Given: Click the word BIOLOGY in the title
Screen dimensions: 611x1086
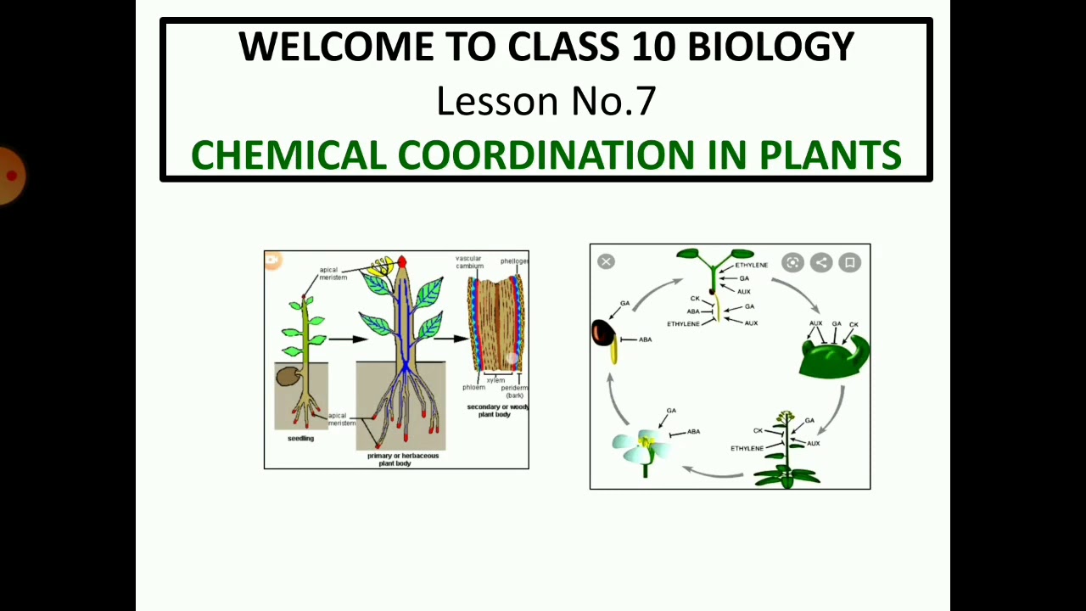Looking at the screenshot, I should pos(770,48).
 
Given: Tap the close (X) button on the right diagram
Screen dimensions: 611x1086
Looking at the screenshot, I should pos(606,261).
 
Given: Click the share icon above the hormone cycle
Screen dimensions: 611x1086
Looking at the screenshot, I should pos(821,263).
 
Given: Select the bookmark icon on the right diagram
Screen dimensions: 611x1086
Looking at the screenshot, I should pos(849,263).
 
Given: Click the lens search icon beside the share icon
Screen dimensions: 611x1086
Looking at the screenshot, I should pos(792,263).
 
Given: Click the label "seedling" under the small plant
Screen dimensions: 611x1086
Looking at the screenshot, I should pos(300,439).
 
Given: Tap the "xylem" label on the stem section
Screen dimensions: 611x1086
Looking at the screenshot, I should pos(495,380).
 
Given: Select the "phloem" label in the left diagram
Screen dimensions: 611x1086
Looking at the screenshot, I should pos(473,388).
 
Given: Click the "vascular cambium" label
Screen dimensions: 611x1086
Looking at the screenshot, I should pos(469,262).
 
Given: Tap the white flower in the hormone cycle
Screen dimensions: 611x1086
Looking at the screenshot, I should pos(643,446).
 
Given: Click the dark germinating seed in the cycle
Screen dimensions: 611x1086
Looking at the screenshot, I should pos(602,332).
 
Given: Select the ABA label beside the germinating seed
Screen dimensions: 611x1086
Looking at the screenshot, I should pos(645,339).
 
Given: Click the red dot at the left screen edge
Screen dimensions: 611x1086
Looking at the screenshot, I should pos(11,176).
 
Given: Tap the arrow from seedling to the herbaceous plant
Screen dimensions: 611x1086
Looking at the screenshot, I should pos(346,339).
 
